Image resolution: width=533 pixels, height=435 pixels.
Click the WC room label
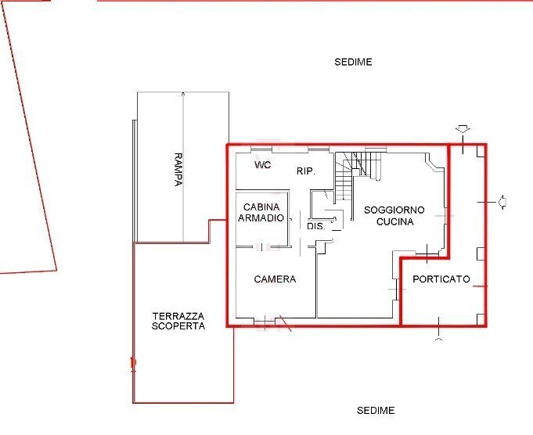tap(263, 166)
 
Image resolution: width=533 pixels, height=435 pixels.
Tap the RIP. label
tap(305, 171)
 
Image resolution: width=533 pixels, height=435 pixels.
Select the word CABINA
tap(262, 207)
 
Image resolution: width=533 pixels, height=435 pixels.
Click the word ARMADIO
tap(261, 218)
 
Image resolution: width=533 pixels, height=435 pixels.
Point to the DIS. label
tap(315, 226)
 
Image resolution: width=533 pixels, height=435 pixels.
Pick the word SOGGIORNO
tap(394, 210)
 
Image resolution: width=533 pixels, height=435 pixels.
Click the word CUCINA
tap(394, 221)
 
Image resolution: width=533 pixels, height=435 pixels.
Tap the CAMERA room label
tap(275, 279)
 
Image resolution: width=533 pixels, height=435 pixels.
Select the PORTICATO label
tap(441, 279)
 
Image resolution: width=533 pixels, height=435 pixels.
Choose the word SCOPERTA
tap(178, 325)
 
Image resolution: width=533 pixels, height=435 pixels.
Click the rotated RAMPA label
tap(178, 169)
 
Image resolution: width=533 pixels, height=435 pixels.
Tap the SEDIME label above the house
tap(353, 62)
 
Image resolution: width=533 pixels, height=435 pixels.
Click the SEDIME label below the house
tap(376, 411)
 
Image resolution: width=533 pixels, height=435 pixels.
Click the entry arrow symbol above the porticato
tap(462, 129)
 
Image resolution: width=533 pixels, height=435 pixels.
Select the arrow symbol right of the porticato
tap(502, 202)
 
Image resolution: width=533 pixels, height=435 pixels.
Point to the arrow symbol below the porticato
tap(438, 340)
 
